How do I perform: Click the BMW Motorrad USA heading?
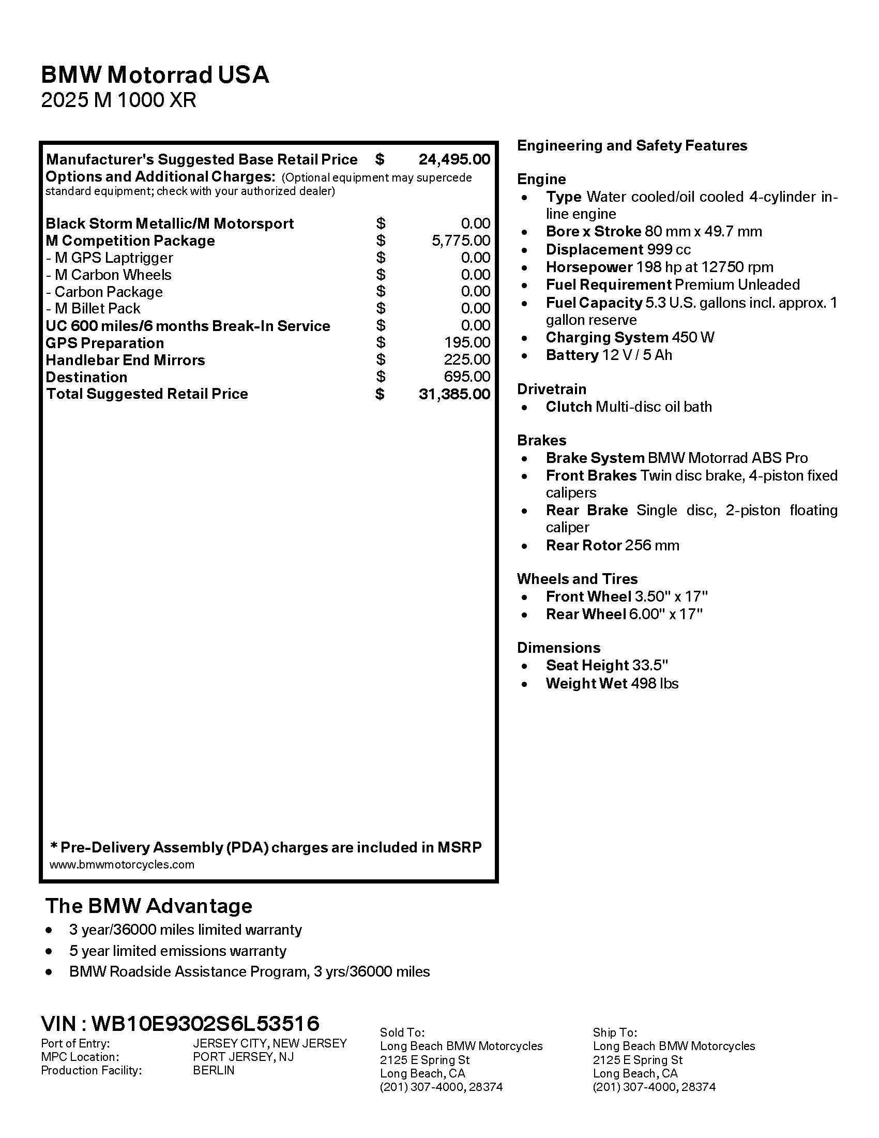click(155, 75)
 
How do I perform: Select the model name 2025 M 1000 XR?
click(118, 100)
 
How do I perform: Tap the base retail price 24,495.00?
click(454, 159)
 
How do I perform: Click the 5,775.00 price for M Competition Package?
click(461, 241)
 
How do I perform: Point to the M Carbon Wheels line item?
click(108, 275)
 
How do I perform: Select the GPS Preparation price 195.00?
click(467, 343)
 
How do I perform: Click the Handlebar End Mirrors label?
click(125, 360)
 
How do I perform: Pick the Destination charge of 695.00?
click(467, 377)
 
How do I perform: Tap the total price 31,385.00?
click(454, 394)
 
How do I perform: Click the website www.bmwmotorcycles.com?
click(122, 864)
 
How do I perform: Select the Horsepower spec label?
click(588, 267)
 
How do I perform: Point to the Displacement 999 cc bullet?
click(618, 250)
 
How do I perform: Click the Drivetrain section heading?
click(552, 389)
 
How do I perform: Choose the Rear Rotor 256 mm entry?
click(612, 546)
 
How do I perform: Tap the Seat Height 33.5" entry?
click(607, 665)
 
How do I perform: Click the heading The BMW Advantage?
click(148, 906)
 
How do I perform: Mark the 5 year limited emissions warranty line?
click(177, 951)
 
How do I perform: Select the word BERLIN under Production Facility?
click(214, 1070)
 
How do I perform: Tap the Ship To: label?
click(614, 1032)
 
